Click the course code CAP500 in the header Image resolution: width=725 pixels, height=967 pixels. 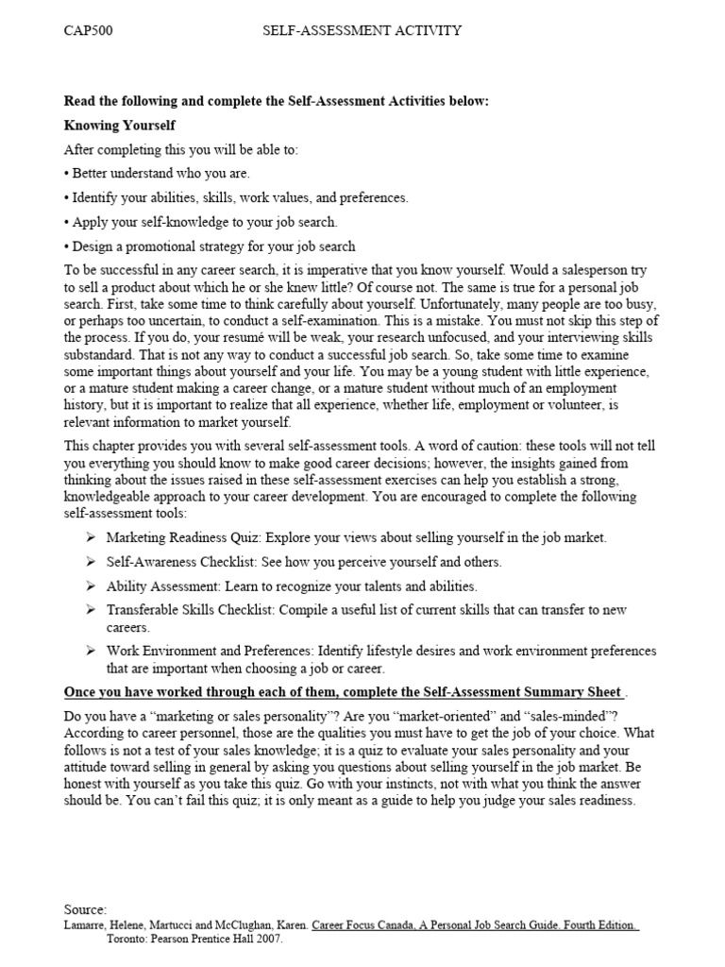(x=88, y=30)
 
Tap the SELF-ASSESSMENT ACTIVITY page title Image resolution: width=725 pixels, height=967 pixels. (x=362, y=30)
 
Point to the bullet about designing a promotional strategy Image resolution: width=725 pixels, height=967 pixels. (x=210, y=246)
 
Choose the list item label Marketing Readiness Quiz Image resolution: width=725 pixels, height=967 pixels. (x=184, y=537)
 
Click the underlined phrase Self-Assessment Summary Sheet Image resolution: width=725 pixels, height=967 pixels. (x=517, y=692)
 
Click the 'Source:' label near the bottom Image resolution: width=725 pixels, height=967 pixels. (x=86, y=908)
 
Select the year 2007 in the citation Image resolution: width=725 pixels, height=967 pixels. (x=267, y=940)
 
